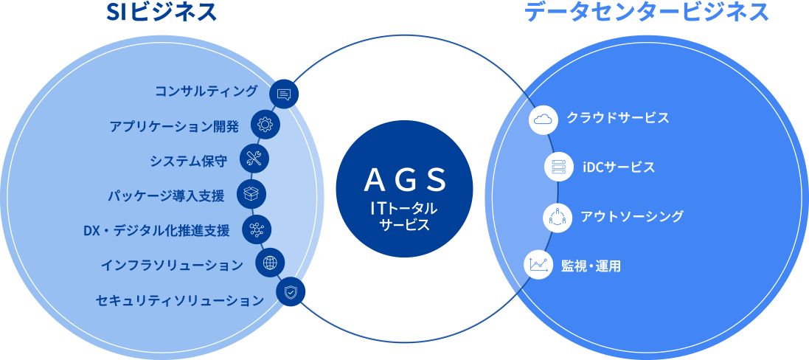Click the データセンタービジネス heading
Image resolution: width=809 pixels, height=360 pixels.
pyautogui.click(x=647, y=13)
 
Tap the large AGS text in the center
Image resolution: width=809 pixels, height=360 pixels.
pyautogui.click(x=405, y=179)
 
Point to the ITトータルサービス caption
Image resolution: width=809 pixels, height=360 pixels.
pyautogui.click(x=404, y=217)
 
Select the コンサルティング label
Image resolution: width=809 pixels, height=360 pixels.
pyautogui.click(x=206, y=91)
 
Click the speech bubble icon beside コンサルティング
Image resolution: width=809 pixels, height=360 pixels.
pyautogui.click(x=285, y=94)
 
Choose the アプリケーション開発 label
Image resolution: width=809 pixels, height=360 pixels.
pyautogui.click(x=174, y=125)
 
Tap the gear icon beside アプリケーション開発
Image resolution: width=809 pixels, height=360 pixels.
pyautogui.click(x=265, y=125)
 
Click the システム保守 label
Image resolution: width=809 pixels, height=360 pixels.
pyautogui.click(x=188, y=160)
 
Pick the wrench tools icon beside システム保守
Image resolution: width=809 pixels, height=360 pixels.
pyautogui.click(x=254, y=158)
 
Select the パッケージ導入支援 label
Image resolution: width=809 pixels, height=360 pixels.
pyautogui.click(x=165, y=195)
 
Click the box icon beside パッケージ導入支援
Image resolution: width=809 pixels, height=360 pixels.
pyautogui.click(x=251, y=193)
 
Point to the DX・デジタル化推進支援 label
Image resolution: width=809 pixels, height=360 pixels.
pyautogui.click(x=156, y=230)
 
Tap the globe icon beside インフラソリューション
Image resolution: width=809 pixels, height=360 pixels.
pyautogui.click(x=270, y=262)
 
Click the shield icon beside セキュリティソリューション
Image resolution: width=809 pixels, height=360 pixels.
pyautogui.click(x=291, y=292)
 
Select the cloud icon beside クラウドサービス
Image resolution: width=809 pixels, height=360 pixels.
pyautogui.click(x=544, y=119)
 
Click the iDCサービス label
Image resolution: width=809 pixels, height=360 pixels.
pyautogui.click(x=618, y=167)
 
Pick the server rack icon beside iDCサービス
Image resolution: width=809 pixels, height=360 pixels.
pyautogui.click(x=558, y=167)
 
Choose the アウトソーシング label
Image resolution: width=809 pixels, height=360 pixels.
pyautogui.click(x=631, y=216)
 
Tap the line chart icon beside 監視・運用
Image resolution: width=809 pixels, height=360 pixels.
pyautogui.click(x=538, y=265)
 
